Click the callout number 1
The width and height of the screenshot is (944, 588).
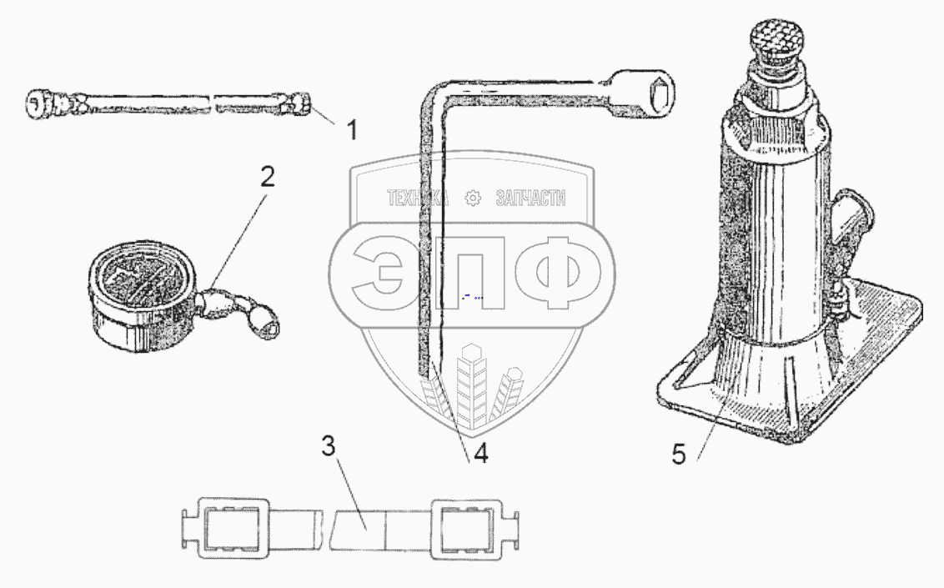(352, 130)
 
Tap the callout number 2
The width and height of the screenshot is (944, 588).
(267, 177)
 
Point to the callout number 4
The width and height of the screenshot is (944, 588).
(480, 454)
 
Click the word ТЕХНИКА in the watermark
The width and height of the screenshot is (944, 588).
(418, 198)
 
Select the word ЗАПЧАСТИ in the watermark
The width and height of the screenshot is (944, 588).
(530, 198)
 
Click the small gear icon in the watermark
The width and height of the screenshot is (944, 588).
(474, 198)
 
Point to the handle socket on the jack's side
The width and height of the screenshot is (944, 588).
(855, 213)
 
